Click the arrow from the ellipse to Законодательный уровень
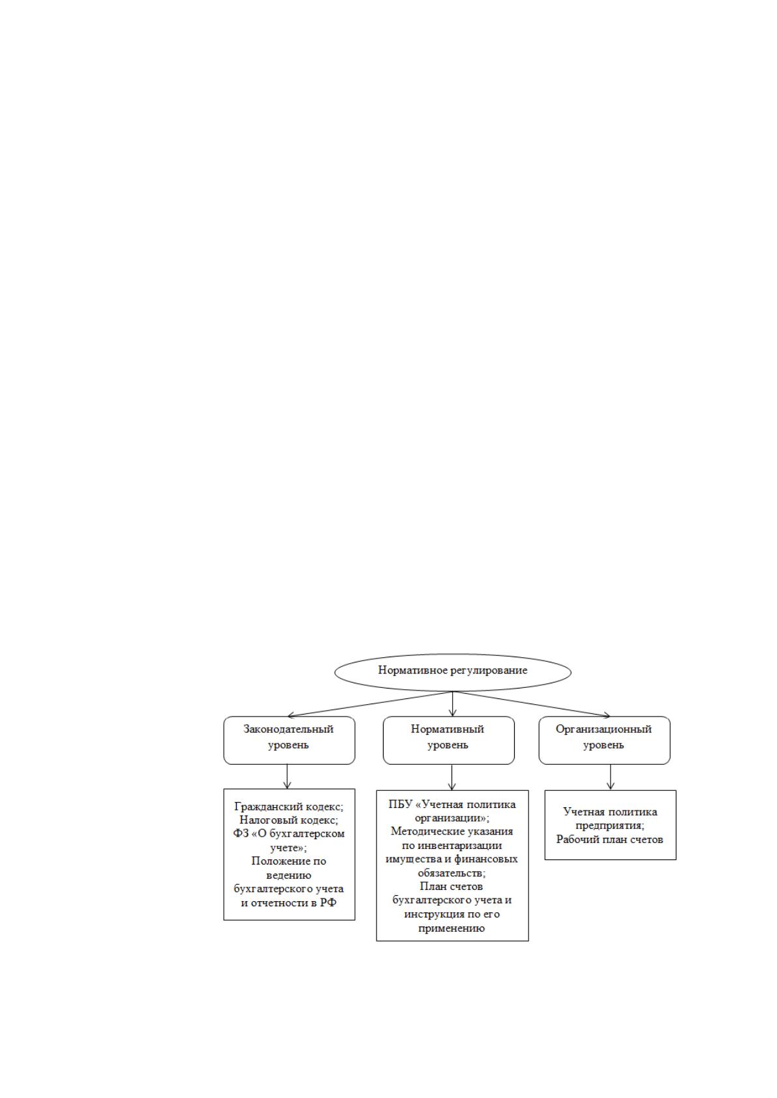click(370, 704)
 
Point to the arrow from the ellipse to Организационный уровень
click(531, 704)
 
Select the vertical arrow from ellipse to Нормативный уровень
click(452, 704)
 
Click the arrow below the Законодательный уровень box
click(287, 777)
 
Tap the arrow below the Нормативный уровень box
click(451, 777)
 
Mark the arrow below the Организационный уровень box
click(610, 777)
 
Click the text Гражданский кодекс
click(288, 807)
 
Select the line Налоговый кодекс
click(289, 820)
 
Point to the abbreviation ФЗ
click(241, 833)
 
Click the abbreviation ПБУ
click(401, 805)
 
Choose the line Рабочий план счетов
click(610, 839)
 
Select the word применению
click(451, 928)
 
